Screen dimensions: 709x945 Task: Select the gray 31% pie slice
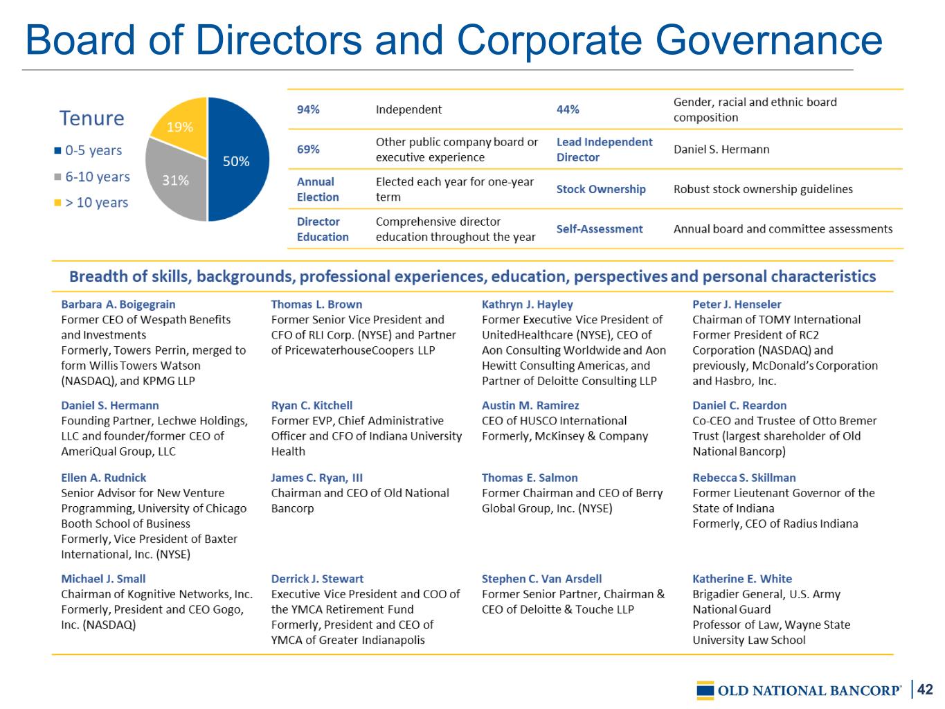coord(174,179)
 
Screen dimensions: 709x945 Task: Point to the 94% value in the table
coord(308,109)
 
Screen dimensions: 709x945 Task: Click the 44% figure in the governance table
coord(568,109)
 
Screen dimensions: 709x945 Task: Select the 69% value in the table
coord(308,150)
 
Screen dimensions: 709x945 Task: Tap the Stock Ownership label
coord(601,189)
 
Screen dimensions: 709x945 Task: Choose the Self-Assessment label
coord(600,229)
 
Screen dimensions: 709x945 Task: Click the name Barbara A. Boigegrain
coord(118,304)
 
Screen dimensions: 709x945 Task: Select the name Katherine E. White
coord(742,579)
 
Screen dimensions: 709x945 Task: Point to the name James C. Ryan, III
coord(317,478)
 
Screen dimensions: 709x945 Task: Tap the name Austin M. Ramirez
coord(530,405)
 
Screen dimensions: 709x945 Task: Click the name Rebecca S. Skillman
coord(744,478)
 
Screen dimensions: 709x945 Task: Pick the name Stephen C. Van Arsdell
coord(541,579)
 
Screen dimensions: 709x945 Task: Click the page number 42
coord(926,690)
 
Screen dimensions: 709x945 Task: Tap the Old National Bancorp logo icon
coord(705,690)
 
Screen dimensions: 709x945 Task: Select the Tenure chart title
coord(91,118)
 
